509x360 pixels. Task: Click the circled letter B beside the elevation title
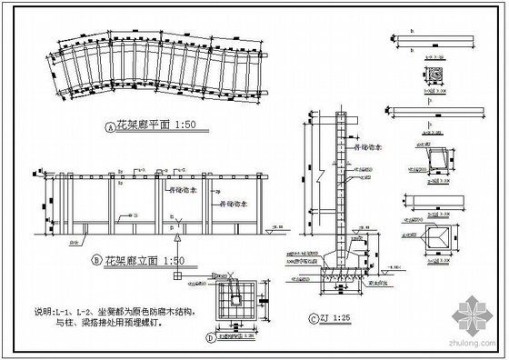96,260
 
